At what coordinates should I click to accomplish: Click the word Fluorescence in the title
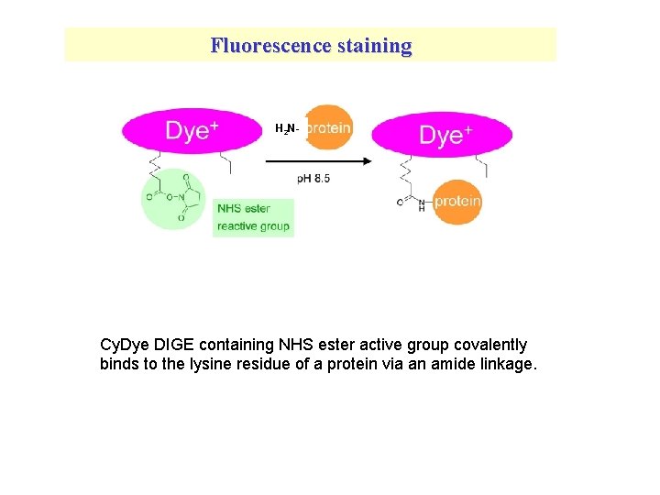tap(270, 45)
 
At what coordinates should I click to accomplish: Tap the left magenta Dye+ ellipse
tap(192, 131)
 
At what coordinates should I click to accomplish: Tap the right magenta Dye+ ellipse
tap(442, 136)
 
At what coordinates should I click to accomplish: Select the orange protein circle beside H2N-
tap(328, 127)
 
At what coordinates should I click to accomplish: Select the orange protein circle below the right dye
tap(456, 202)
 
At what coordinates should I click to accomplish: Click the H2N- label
tap(287, 129)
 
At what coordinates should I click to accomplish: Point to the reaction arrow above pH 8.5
tap(318, 160)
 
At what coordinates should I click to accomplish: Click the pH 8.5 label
tap(313, 179)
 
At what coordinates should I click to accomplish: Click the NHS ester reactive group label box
tap(253, 217)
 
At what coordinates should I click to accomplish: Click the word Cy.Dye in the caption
tap(124, 345)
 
